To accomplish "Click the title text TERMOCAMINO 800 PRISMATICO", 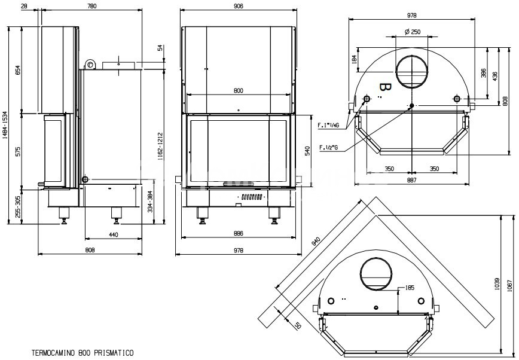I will pyautogui.click(x=83, y=353).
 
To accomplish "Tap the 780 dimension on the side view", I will pyautogui.click(x=91, y=6).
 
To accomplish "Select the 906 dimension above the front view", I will pyautogui.click(x=239, y=6).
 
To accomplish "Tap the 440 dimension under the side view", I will pyautogui.click(x=114, y=234).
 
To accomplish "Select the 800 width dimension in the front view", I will pyautogui.click(x=238, y=90).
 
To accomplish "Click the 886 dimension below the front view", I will pyautogui.click(x=238, y=234).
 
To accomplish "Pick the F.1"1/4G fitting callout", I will pyautogui.click(x=329, y=125).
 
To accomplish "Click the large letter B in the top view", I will pyautogui.click(x=385, y=88).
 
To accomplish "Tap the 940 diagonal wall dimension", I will pyautogui.click(x=317, y=242).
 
